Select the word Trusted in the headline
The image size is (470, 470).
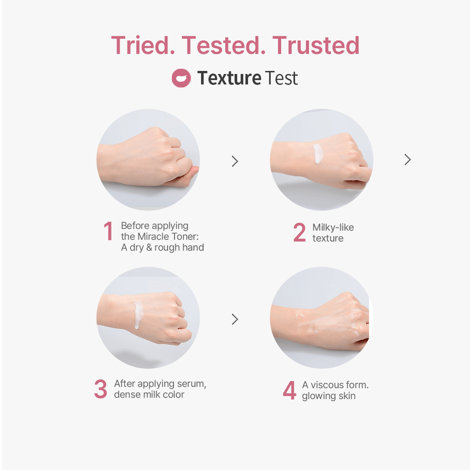[x=316, y=45]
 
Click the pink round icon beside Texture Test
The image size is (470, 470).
[x=181, y=78]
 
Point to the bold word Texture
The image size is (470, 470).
[x=229, y=78]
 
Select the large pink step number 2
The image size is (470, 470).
[x=299, y=232]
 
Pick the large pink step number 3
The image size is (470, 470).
[x=101, y=389]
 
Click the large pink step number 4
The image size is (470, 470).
[x=289, y=390]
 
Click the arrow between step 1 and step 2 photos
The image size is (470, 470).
[x=235, y=161]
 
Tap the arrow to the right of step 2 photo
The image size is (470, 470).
[x=408, y=159]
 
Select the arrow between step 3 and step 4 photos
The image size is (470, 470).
[x=235, y=319]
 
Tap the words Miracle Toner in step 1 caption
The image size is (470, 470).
[x=168, y=236]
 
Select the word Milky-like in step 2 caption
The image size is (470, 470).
[x=333, y=227]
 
